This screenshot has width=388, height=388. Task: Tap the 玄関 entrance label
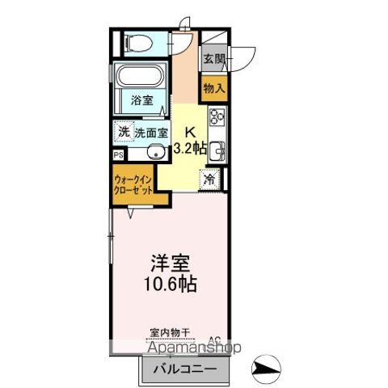pyautogui.click(x=214, y=58)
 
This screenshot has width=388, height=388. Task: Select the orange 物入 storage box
pyautogui.click(x=214, y=87)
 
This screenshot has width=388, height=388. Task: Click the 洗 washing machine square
pyautogui.click(x=123, y=131)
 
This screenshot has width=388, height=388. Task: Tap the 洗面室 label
pyautogui.click(x=151, y=132)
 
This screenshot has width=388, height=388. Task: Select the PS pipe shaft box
pyautogui.click(x=119, y=154)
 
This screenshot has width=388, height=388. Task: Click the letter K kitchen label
pyautogui.click(x=190, y=132)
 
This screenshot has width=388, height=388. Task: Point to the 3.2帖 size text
pyautogui.click(x=190, y=148)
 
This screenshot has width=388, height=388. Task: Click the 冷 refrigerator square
pyautogui.click(x=210, y=179)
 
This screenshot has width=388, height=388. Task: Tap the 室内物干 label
pyautogui.click(x=170, y=332)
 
